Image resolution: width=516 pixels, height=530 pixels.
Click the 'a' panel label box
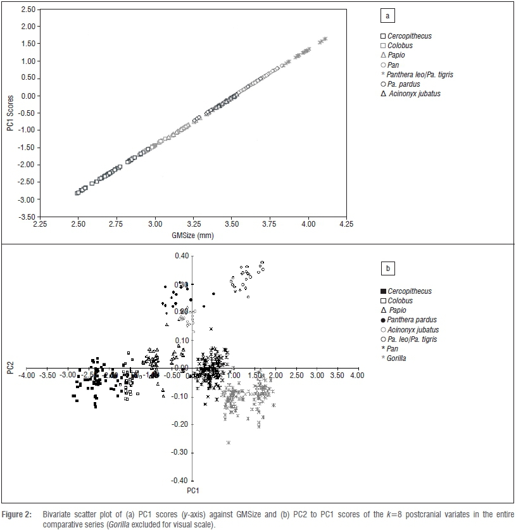(x=387, y=15)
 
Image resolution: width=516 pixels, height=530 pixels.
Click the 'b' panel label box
(x=387, y=268)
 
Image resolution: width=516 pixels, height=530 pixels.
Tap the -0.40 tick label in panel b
(x=180, y=481)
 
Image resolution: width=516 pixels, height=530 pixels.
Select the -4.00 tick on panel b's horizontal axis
(x=27, y=375)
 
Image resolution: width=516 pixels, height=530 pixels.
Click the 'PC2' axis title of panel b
(x=9, y=369)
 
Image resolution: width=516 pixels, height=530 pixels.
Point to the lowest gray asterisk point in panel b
(x=228, y=442)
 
